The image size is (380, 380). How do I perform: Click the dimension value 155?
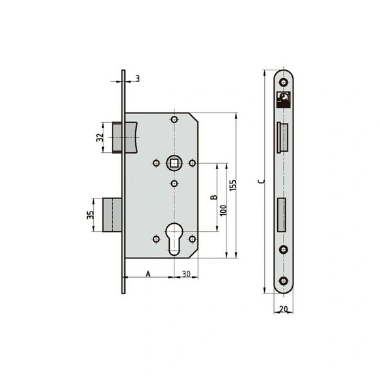[233, 185]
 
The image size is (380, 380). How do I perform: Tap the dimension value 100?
[223, 210]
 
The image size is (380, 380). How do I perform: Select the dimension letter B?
[213, 197]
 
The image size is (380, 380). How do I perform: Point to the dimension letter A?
[148, 274]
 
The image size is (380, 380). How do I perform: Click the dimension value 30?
[186, 274]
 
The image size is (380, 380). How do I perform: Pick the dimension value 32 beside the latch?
[100, 137]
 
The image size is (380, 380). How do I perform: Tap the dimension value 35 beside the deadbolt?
[90, 215]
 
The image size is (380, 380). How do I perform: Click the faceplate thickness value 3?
[138, 79]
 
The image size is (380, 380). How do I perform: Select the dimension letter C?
[262, 182]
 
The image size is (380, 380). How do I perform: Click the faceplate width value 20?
[283, 309]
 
